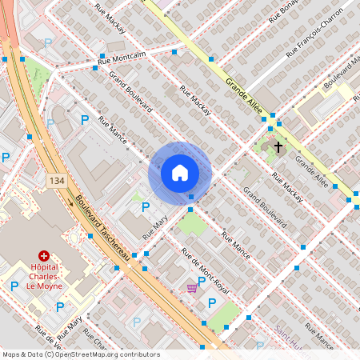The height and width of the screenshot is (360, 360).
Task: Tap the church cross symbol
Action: click(279, 147)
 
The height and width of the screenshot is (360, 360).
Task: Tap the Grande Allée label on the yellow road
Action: click(243, 95)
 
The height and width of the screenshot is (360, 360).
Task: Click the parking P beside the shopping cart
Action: click(212, 302)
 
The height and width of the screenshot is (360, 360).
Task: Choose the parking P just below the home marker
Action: click(145, 207)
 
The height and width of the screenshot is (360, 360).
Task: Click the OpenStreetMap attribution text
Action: click(80, 354)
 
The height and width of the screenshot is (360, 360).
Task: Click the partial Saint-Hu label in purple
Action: click(290, 330)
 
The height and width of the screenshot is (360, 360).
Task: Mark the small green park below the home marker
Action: click(192, 224)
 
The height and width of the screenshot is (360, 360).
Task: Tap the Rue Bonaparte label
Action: click(284, 10)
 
